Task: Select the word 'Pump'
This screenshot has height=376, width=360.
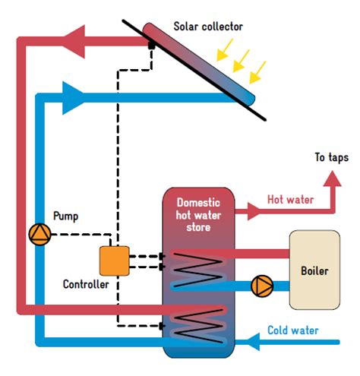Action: pos(65,216)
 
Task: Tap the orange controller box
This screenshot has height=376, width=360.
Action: pos(115,261)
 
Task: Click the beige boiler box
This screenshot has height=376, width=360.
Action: pos(314,270)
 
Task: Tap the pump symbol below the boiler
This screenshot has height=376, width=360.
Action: pos(262,286)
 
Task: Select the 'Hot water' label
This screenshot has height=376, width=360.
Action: pos(289,200)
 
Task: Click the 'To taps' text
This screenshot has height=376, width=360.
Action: pos(331,158)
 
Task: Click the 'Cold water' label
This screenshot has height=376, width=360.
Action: pos(292,331)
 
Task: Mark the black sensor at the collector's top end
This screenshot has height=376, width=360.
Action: pos(152,45)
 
